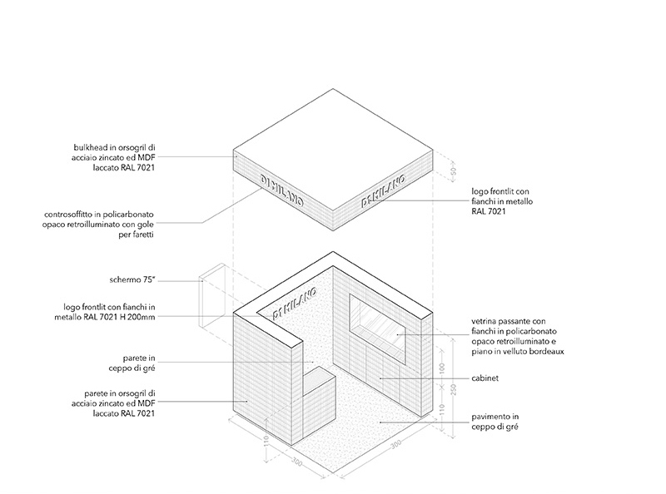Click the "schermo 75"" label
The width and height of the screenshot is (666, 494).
[132, 280]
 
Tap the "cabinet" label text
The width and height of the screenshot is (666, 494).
[485, 378]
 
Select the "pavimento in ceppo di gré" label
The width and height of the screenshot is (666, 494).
[495, 422]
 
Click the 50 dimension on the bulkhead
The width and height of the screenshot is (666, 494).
[453, 171]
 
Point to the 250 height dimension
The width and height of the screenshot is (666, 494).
[453, 389]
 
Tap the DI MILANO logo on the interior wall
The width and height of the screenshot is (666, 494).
[295, 303]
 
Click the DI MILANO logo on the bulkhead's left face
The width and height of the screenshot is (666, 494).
[281, 191]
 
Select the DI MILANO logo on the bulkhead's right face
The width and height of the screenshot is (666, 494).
[383, 191]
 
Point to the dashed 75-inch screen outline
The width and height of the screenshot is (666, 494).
[212, 296]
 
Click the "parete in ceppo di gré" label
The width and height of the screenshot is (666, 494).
[132, 363]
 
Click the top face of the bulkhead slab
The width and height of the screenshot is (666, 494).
[333, 150]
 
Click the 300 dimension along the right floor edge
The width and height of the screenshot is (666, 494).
[395, 444]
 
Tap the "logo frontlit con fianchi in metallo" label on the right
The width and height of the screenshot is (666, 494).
[502, 201]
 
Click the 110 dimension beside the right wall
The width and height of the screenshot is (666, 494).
[441, 409]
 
